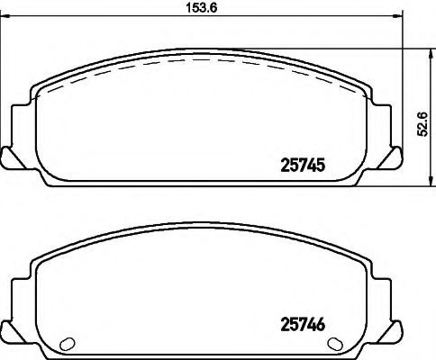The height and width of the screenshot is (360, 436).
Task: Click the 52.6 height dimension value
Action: point(422,124)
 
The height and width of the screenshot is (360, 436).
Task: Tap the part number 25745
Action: point(303,166)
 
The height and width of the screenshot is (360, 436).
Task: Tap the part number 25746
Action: point(303,324)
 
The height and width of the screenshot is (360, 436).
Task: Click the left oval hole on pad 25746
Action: point(68,344)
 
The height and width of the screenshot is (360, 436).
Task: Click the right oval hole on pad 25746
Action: point(335,343)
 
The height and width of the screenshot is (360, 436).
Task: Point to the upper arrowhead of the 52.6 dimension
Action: point(431,54)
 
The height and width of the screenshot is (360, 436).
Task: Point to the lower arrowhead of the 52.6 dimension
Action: point(431,181)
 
